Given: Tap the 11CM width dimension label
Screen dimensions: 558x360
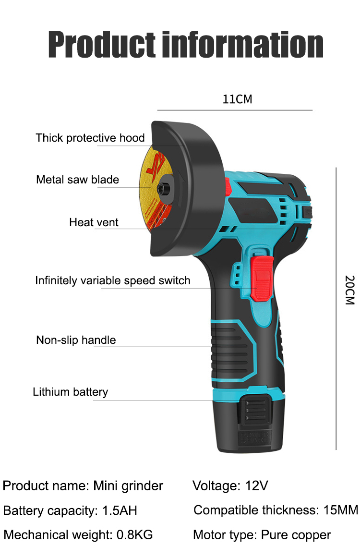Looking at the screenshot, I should [x=237, y=99].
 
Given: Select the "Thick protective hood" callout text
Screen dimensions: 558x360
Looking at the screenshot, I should [x=90, y=138].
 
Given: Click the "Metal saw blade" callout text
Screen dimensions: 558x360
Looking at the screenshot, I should [x=78, y=180].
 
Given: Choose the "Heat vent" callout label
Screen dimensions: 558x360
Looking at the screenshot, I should [x=94, y=222].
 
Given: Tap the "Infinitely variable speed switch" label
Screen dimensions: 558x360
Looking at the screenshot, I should [x=113, y=280].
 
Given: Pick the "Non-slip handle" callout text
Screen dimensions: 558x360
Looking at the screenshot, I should [x=76, y=340].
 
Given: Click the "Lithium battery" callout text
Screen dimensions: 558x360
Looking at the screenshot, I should [x=71, y=392].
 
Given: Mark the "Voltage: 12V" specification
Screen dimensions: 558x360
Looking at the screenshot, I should [x=230, y=486].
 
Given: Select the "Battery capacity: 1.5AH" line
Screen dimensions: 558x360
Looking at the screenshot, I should [x=70, y=510].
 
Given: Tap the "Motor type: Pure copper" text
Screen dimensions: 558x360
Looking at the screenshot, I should [x=262, y=534].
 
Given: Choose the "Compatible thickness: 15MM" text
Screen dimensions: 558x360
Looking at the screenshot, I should [x=276, y=510].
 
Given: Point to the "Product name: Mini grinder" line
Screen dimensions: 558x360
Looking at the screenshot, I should [x=83, y=486].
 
